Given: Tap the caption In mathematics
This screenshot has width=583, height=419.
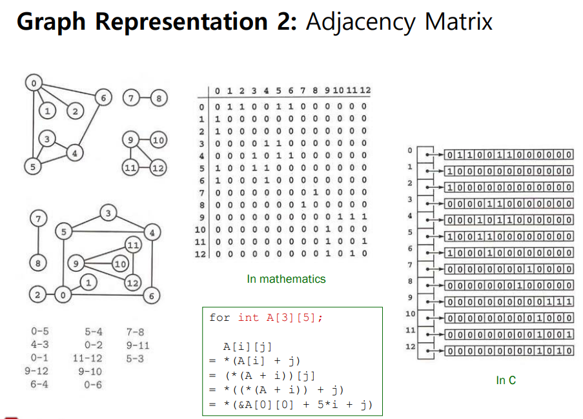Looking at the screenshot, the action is coord(286,279).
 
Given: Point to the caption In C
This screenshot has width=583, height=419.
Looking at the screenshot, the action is coord(506,380).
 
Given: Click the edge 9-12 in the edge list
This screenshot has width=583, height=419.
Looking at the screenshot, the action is coord(36,371).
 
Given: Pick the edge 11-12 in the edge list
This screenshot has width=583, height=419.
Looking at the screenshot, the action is coord(87,358).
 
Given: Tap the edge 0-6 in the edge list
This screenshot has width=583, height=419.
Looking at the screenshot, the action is coord(91,384).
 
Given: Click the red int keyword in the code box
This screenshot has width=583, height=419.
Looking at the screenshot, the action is coord(249,318).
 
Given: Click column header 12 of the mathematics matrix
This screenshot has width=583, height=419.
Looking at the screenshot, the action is coord(365,90).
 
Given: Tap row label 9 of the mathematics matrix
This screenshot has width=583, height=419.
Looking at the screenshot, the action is coord(202,217).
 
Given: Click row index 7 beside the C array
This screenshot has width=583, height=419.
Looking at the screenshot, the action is coord(409,265).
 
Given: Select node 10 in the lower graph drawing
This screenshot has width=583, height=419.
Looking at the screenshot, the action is coord(119,263).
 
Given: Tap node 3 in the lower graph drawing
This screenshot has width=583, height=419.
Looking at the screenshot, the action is coord(109,213).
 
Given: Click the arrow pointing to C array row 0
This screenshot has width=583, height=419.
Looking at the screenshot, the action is coord(436,155).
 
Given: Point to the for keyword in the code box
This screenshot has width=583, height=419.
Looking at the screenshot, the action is coord(220,318).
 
